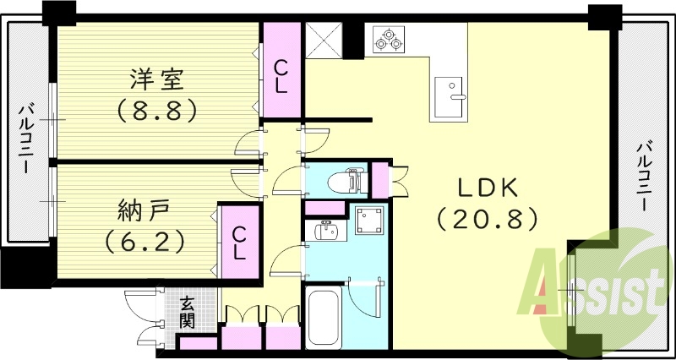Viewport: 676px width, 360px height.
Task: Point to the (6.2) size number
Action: [144, 243]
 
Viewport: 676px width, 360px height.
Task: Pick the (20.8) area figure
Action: [488, 220]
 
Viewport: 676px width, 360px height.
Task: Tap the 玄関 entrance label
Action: [188, 313]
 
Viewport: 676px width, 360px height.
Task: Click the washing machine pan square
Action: [368, 222]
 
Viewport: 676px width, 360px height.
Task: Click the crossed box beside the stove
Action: [322, 38]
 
